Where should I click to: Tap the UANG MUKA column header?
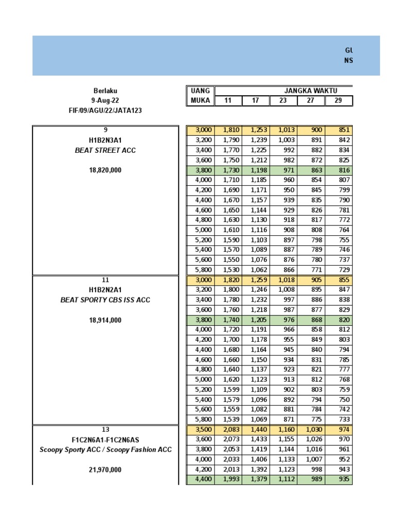200,96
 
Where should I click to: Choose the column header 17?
256,101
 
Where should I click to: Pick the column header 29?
338,101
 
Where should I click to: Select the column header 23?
283,101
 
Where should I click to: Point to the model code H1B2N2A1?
105,290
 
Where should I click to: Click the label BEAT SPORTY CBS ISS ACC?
105,300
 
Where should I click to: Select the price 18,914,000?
105,320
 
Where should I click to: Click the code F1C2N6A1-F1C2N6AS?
105,440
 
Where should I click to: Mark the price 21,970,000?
105,469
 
